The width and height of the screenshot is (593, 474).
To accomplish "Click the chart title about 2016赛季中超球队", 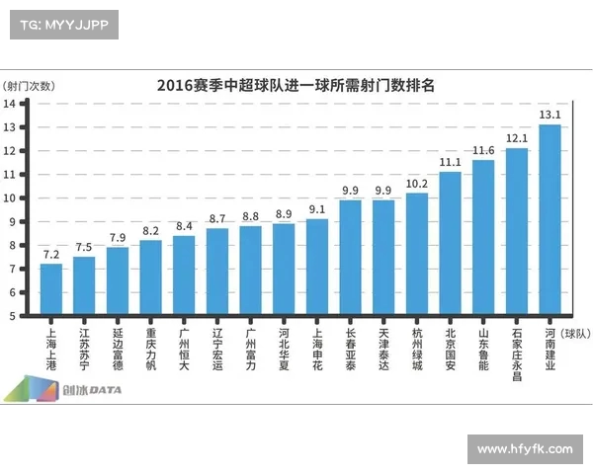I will click(296, 85).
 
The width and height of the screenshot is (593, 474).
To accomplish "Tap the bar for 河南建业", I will click(550, 220).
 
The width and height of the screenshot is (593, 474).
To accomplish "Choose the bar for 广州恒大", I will click(184, 276).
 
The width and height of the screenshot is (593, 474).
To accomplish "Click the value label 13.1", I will click(550, 116).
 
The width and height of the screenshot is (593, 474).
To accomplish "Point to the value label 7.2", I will click(50, 255).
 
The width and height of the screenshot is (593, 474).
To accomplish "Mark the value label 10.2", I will click(416, 184).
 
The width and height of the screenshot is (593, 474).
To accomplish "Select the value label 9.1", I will click(316, 209).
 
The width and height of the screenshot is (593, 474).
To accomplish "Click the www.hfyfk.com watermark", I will click(524, 449).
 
